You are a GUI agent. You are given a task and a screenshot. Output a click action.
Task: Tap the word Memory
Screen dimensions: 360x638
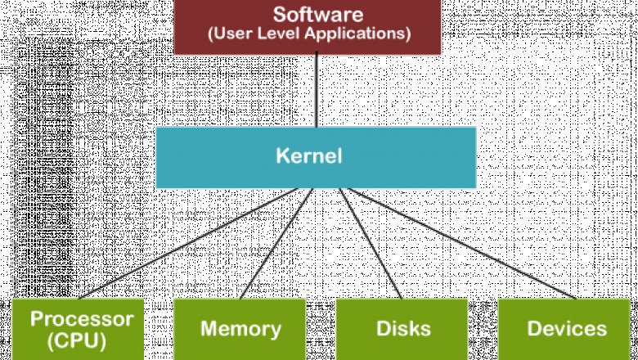(240, 329)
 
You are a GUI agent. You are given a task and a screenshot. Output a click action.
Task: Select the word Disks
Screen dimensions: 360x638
(402, 329)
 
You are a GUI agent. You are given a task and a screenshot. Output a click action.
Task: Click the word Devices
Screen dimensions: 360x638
(567, 329)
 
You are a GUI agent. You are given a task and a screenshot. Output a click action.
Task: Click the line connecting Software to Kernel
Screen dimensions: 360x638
(316, 90)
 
